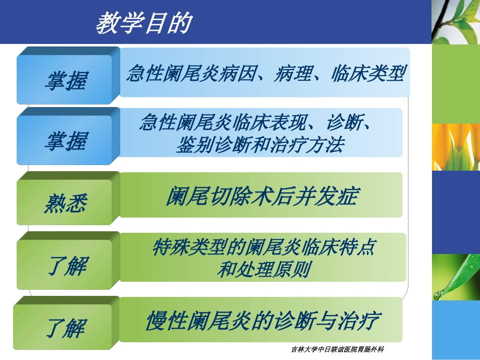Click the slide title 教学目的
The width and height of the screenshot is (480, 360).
click(144, 23)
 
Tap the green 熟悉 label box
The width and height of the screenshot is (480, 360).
click(68, 198)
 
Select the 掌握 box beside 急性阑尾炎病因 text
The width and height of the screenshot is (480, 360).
click(68, 76)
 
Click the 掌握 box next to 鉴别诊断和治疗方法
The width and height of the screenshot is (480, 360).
click(68, 136)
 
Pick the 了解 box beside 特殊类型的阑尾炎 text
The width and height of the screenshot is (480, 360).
click(68, 261)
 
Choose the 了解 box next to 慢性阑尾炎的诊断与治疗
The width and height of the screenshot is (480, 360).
click(66, 323)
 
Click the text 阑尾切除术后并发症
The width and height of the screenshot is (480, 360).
click(262, 196)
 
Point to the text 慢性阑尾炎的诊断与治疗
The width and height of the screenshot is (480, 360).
click(263, 321)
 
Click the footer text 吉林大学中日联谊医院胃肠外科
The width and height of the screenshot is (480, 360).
click(338, 349)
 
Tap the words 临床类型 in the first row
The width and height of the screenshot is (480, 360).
click(369, 73)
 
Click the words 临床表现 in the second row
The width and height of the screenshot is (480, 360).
click(269, 122)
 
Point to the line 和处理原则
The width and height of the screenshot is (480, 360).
click(264, 269)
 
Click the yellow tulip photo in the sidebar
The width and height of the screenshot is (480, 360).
click(456, 147)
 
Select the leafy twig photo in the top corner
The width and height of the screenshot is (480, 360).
click(456, 22)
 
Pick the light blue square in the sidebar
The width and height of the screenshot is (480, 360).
click(456, 330)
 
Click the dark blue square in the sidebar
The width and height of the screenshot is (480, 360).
click(456, 212)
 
